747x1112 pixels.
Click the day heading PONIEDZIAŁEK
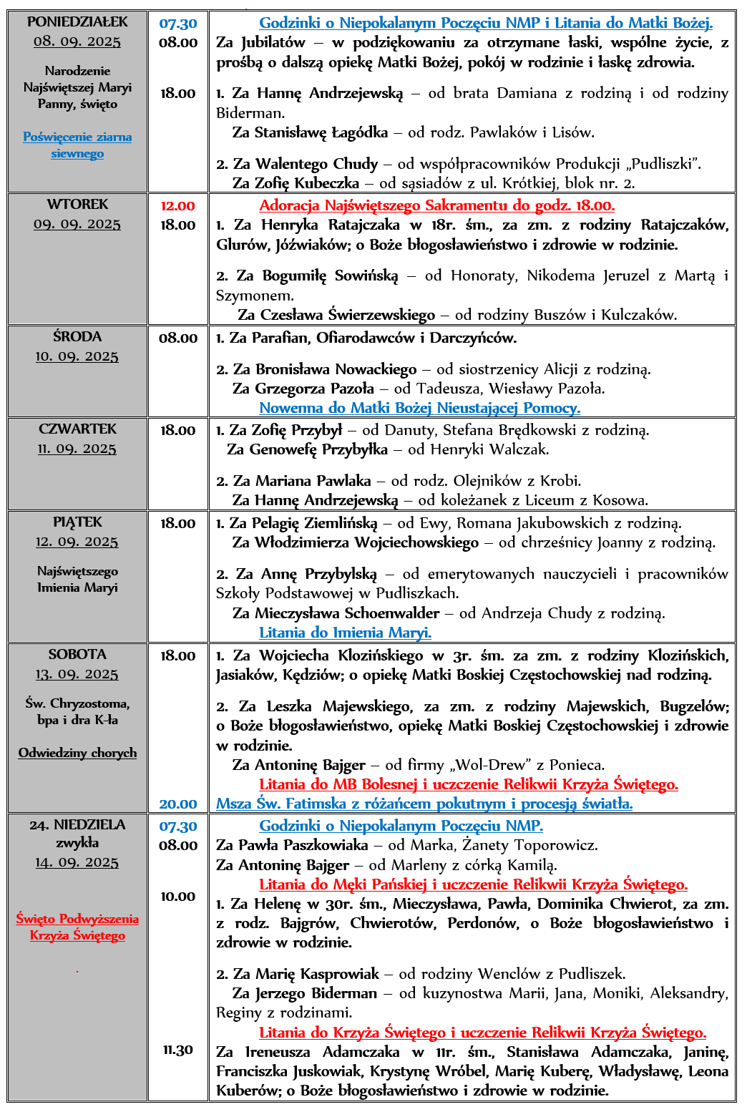77,22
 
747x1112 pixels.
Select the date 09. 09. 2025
77,224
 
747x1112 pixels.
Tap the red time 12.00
177,206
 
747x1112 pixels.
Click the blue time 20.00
178,804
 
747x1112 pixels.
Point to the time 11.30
178,1050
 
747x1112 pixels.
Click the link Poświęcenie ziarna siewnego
77,145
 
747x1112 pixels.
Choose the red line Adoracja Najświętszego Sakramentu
436,206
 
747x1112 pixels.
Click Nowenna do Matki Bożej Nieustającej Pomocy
419,408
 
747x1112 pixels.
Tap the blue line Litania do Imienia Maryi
345,633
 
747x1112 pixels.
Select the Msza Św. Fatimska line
424,804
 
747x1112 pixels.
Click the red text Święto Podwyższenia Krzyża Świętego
77,927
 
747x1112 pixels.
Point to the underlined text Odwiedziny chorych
77,753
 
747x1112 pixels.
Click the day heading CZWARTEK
77,429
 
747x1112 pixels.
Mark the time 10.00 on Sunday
178,897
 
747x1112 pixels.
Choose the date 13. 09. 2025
77,674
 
